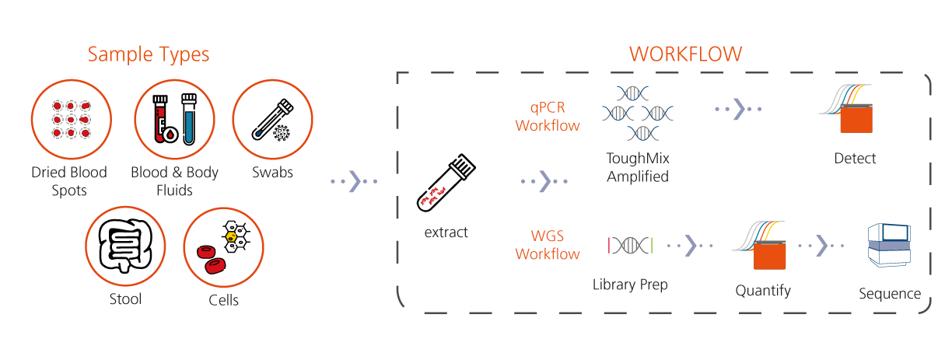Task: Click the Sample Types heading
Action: coord(148,54)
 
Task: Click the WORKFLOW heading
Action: coord(685,54)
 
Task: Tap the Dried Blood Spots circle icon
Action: coord(70,120)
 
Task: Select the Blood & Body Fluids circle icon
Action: coord(173,120)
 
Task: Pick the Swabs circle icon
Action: coord(273,120)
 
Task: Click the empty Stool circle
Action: coord(125,247)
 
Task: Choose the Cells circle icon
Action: coord(223,247)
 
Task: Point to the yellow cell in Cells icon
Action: coord(230,236)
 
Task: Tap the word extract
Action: coord(446,232)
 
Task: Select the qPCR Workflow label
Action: coord(548,116)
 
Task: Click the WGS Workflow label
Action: coord(548,246)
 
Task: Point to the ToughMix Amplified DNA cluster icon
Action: coord(637,114)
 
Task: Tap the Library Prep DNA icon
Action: coord(630,246)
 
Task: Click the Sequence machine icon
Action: coord(889,246)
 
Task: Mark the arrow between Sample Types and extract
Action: coord(353,182)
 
